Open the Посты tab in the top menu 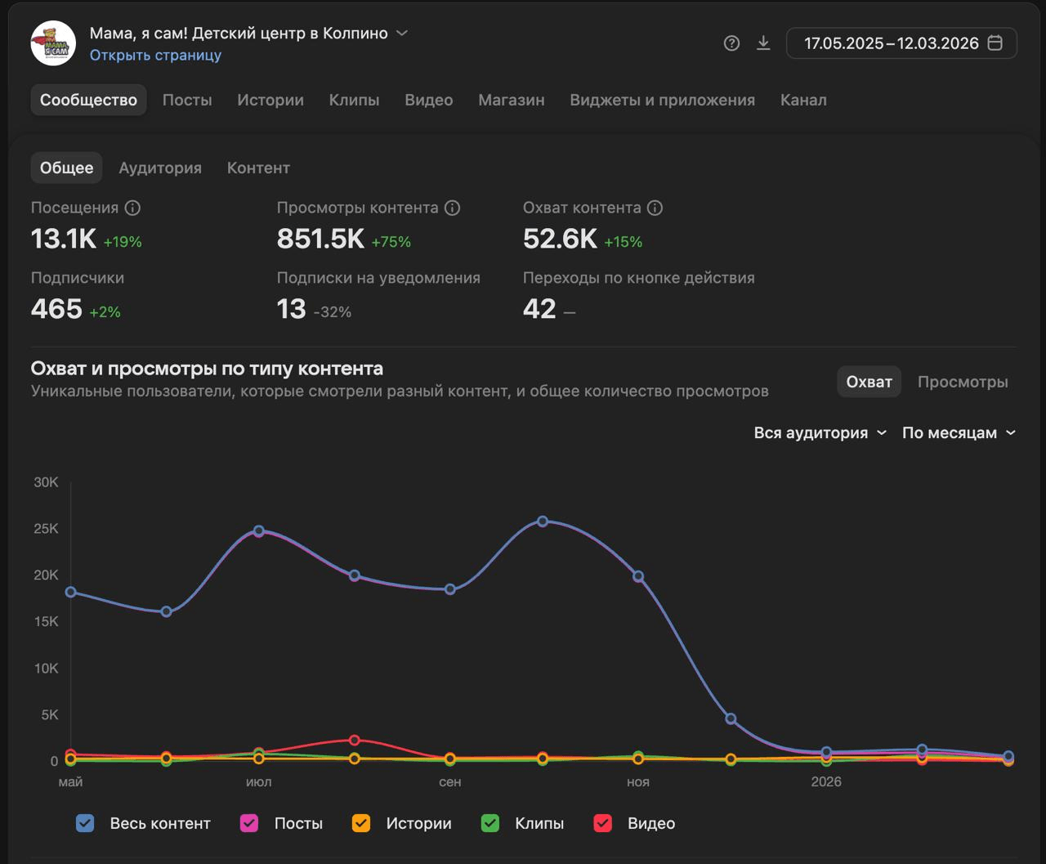click(x=187, y=100)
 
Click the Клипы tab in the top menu click(x=354, y=100)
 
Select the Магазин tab click(x=511, y=100)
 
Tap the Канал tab click(x=803, y=100)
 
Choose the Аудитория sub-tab click(x=160, y=168)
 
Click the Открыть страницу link click(x=155, y=55)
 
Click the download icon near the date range click(x=763, y=43)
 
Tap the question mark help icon click(x=731, y=43)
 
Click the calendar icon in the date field click(x=995, y=43)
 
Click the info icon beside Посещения click(x=132, y=208)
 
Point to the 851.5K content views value click(x=320, y=239)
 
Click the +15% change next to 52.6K click(x=623, y=242)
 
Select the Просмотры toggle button click(x=963, y=382)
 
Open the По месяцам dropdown click(x=959, y=432)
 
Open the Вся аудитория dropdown click(x=820, y=432)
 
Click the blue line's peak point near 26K click(x=543, y=522)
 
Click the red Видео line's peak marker click(x=354, y=741)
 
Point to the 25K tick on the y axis click(x=46, y=529)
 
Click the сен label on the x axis click(x=449, y=781)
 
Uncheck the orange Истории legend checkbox click(x=360, y=823)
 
